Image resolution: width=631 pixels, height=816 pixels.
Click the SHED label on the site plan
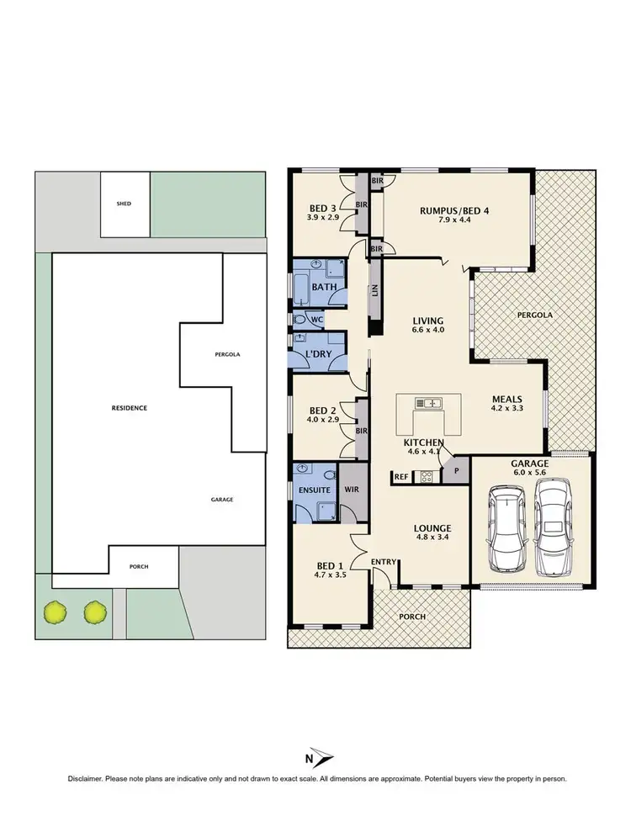[x=125, y=204]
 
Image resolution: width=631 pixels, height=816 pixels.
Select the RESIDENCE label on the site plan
[x=130, y=408]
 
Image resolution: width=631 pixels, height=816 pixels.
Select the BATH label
[x=324, y=287]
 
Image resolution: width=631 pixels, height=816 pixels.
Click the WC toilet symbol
[x=300, y=321]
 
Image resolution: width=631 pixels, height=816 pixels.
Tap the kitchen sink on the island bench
[x=430, y=403]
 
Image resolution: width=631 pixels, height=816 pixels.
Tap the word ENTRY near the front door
[x=383, y=561]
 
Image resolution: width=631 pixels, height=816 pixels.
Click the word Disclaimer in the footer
[x=87, y=779]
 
